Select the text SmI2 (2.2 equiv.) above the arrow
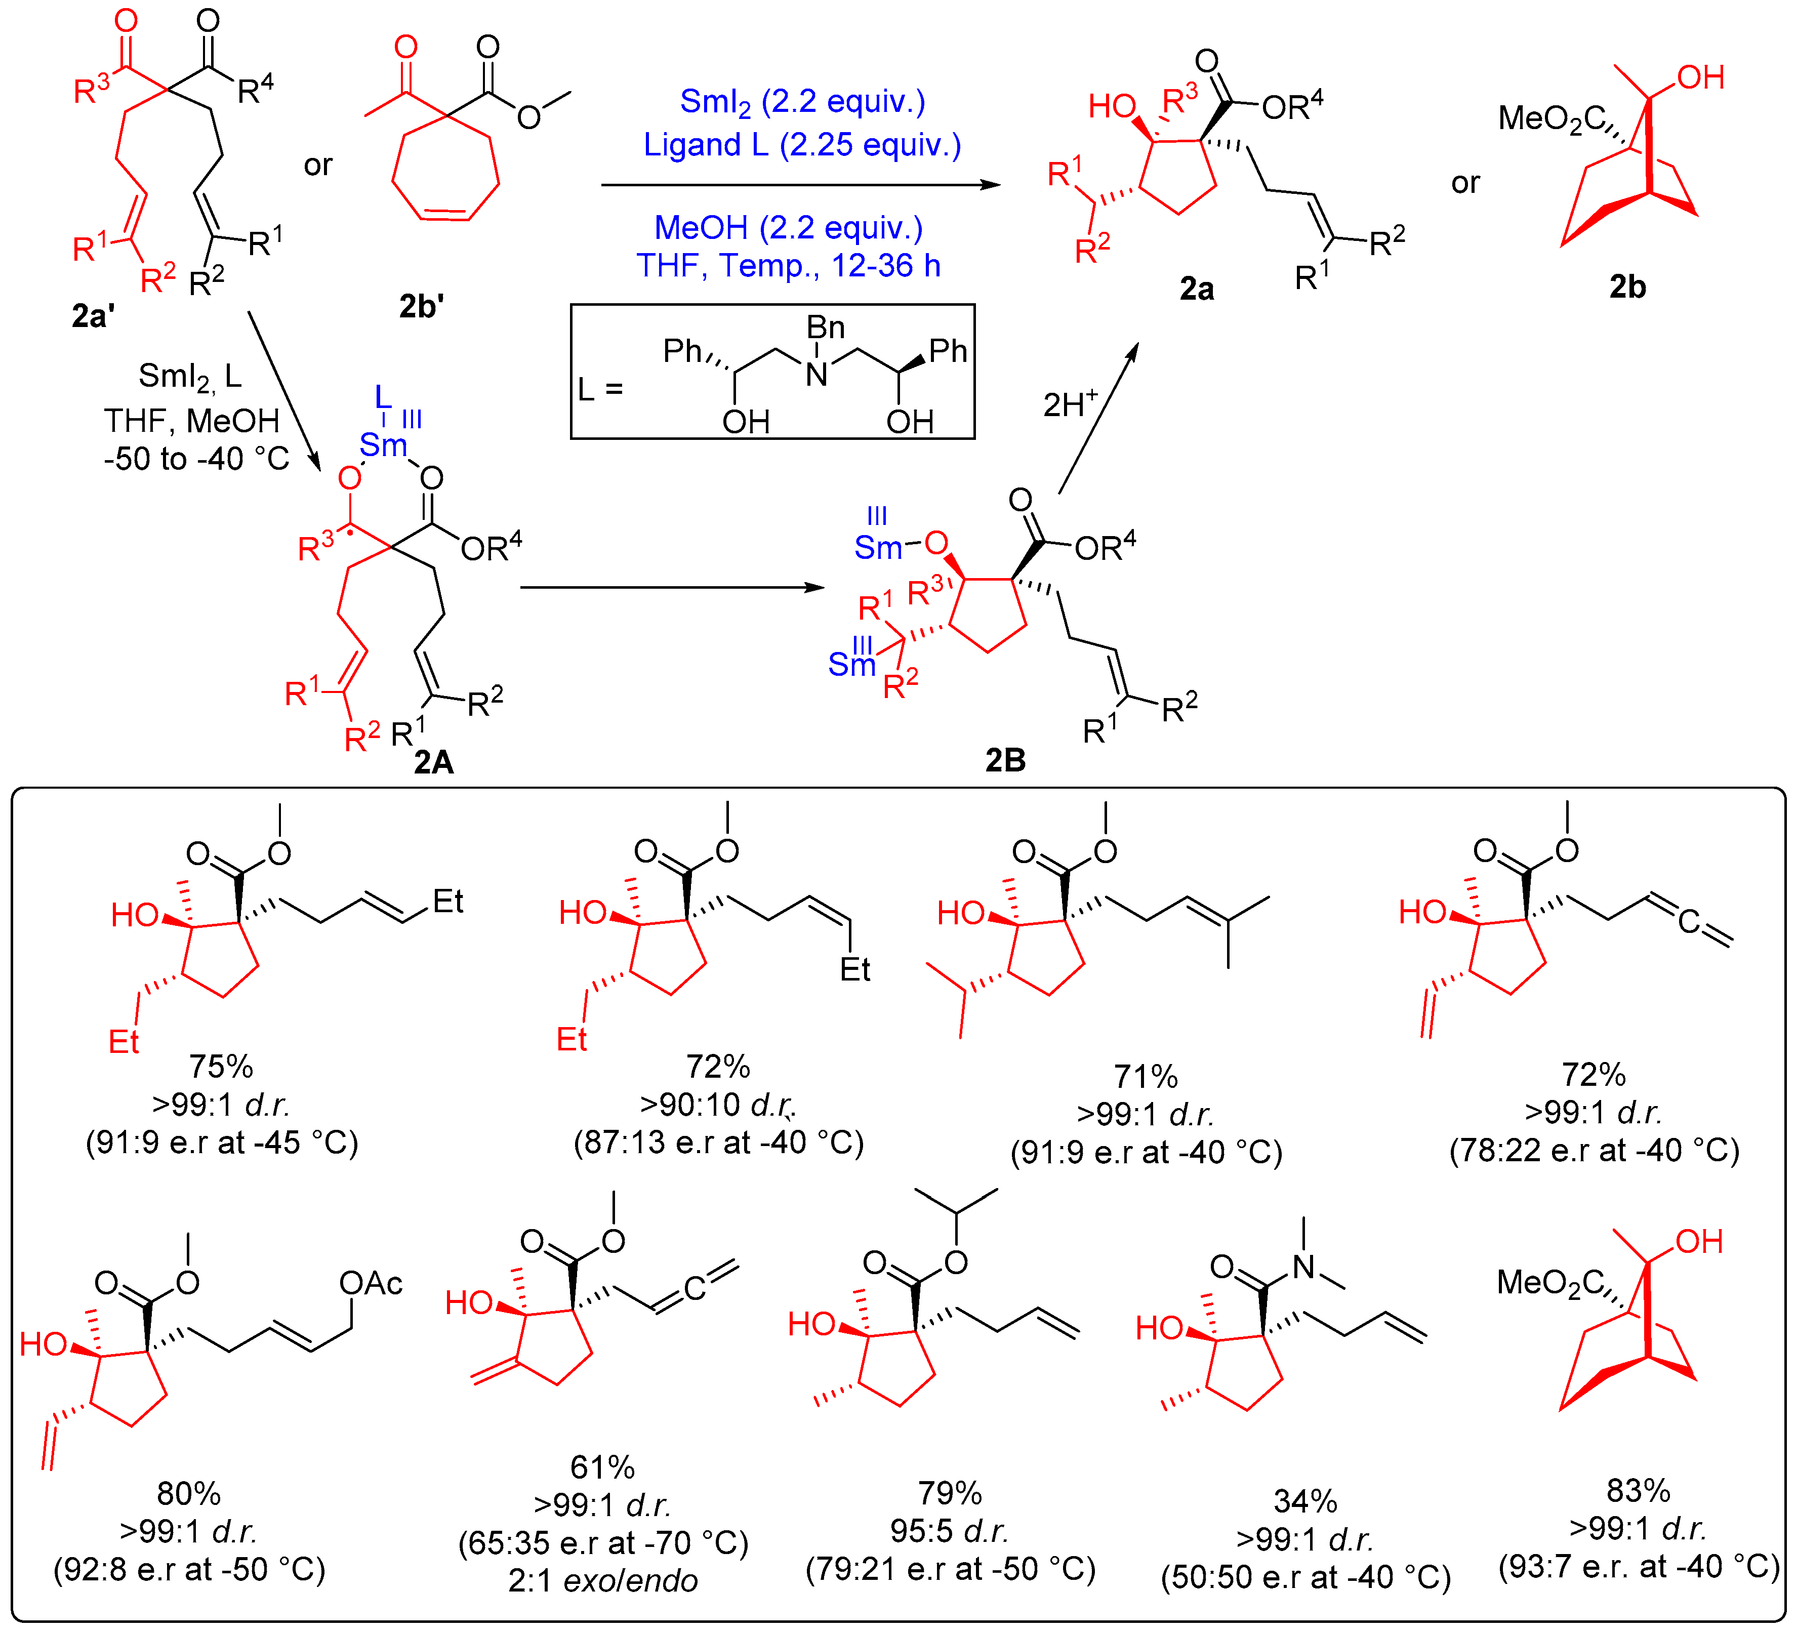click(802, 102)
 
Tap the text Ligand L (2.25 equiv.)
click(802, 144)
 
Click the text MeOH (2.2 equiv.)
click(789, 228)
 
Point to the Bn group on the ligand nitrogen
click(825, 328)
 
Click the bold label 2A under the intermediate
click(434, 762)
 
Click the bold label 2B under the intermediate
click(1005, 760)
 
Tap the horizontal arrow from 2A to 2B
click(673, 588)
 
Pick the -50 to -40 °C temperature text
click(196, 459)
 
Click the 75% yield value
click(221, 1067)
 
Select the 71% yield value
click(1146, 1076)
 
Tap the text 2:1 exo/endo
click(603, 1580)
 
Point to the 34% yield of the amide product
click(1305, 1501)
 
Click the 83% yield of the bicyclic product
click(1638, 1490)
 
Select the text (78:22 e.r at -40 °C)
click(1594, 1150)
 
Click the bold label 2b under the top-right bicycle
click(1627, 287)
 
